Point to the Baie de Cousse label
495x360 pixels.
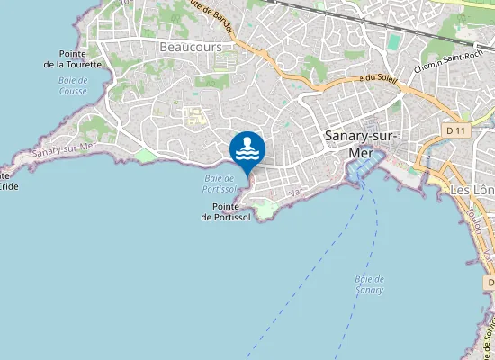click(x=73, y=85)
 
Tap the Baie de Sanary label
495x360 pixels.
click(x=370, y=284)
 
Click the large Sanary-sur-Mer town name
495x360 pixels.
click(x=360, y=143)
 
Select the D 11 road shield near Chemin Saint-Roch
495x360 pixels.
click(x=458, y=130)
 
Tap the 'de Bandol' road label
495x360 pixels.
click(x=216, y=17)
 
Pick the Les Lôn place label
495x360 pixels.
click(x=471, y=191)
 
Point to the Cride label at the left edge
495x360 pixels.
click(x=7, y=185)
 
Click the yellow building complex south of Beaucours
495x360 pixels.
click(x=193, y=115)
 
